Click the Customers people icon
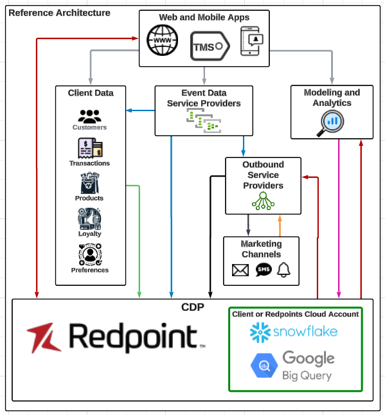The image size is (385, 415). point(89,116)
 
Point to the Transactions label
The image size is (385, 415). point(89,163)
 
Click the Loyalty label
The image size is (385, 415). point(89,234)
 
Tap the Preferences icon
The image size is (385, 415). point(89,255)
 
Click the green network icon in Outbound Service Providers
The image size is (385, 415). point(263,202)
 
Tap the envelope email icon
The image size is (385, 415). point(240,270)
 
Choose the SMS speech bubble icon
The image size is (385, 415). point(264,270)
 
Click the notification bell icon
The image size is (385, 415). point(283,270)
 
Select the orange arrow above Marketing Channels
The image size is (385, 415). point(280,225)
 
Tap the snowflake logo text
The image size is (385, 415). point(304,332)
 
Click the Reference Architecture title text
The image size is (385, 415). point(58,13)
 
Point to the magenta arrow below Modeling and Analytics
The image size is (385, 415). point(339,218)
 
